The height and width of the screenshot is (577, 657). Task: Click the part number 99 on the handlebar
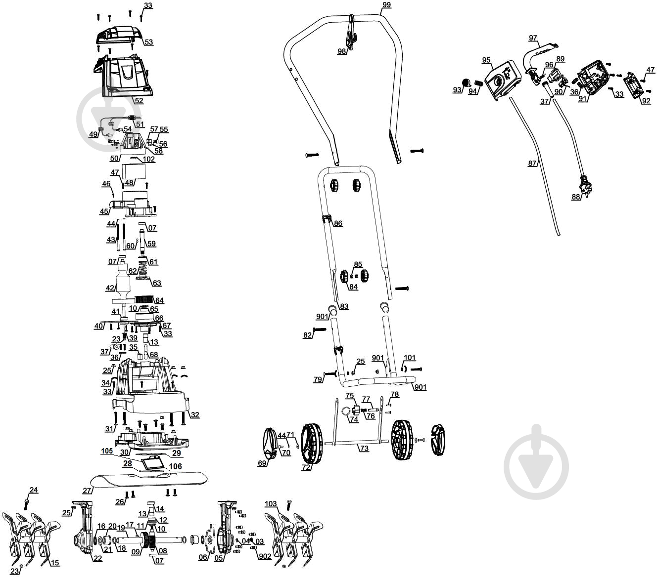[x=386, y=5]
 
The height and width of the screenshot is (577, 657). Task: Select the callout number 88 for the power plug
[x=576, y=197]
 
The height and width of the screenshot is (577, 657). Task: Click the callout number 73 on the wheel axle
[x=364, y=449]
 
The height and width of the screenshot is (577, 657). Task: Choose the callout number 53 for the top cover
[x=148, y=42]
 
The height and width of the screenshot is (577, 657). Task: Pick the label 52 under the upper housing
[x=139, y=100]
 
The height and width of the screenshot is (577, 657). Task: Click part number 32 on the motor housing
[x=195, y=414]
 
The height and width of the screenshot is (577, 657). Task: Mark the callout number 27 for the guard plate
[x=87, y=491]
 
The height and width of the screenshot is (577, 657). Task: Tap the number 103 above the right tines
[x=271, y=504]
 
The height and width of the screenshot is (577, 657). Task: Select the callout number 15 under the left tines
[x=55, y=563]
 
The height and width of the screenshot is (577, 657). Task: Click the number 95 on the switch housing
[x=486, y=60]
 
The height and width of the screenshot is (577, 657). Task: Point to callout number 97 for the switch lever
[x=533, y=38]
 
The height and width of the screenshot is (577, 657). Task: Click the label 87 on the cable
[x=532, y=164]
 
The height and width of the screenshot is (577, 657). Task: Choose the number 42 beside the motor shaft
[x=110, y=288]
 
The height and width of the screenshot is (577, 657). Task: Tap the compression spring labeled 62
[x=142, y=269]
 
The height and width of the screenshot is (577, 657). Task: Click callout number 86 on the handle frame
[x=338, y=223]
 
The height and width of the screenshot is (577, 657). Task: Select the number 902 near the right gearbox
[x=265, y=556]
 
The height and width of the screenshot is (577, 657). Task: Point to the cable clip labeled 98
[x=350, y=35]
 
